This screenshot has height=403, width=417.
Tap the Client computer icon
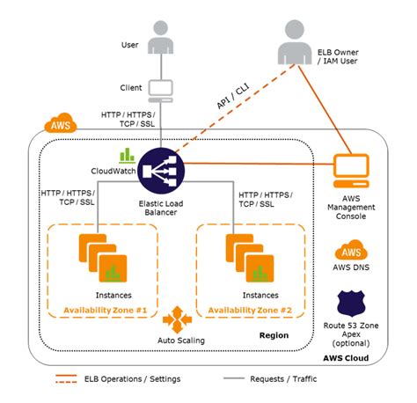(x=160, y=89)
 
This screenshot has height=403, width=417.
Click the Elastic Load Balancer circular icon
(x=161, y=168)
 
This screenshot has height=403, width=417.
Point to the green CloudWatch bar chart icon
(x=126, y=154)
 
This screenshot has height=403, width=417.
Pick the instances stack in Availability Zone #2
(x=247, y=256)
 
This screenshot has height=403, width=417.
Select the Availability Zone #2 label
(x=250, y=311)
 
